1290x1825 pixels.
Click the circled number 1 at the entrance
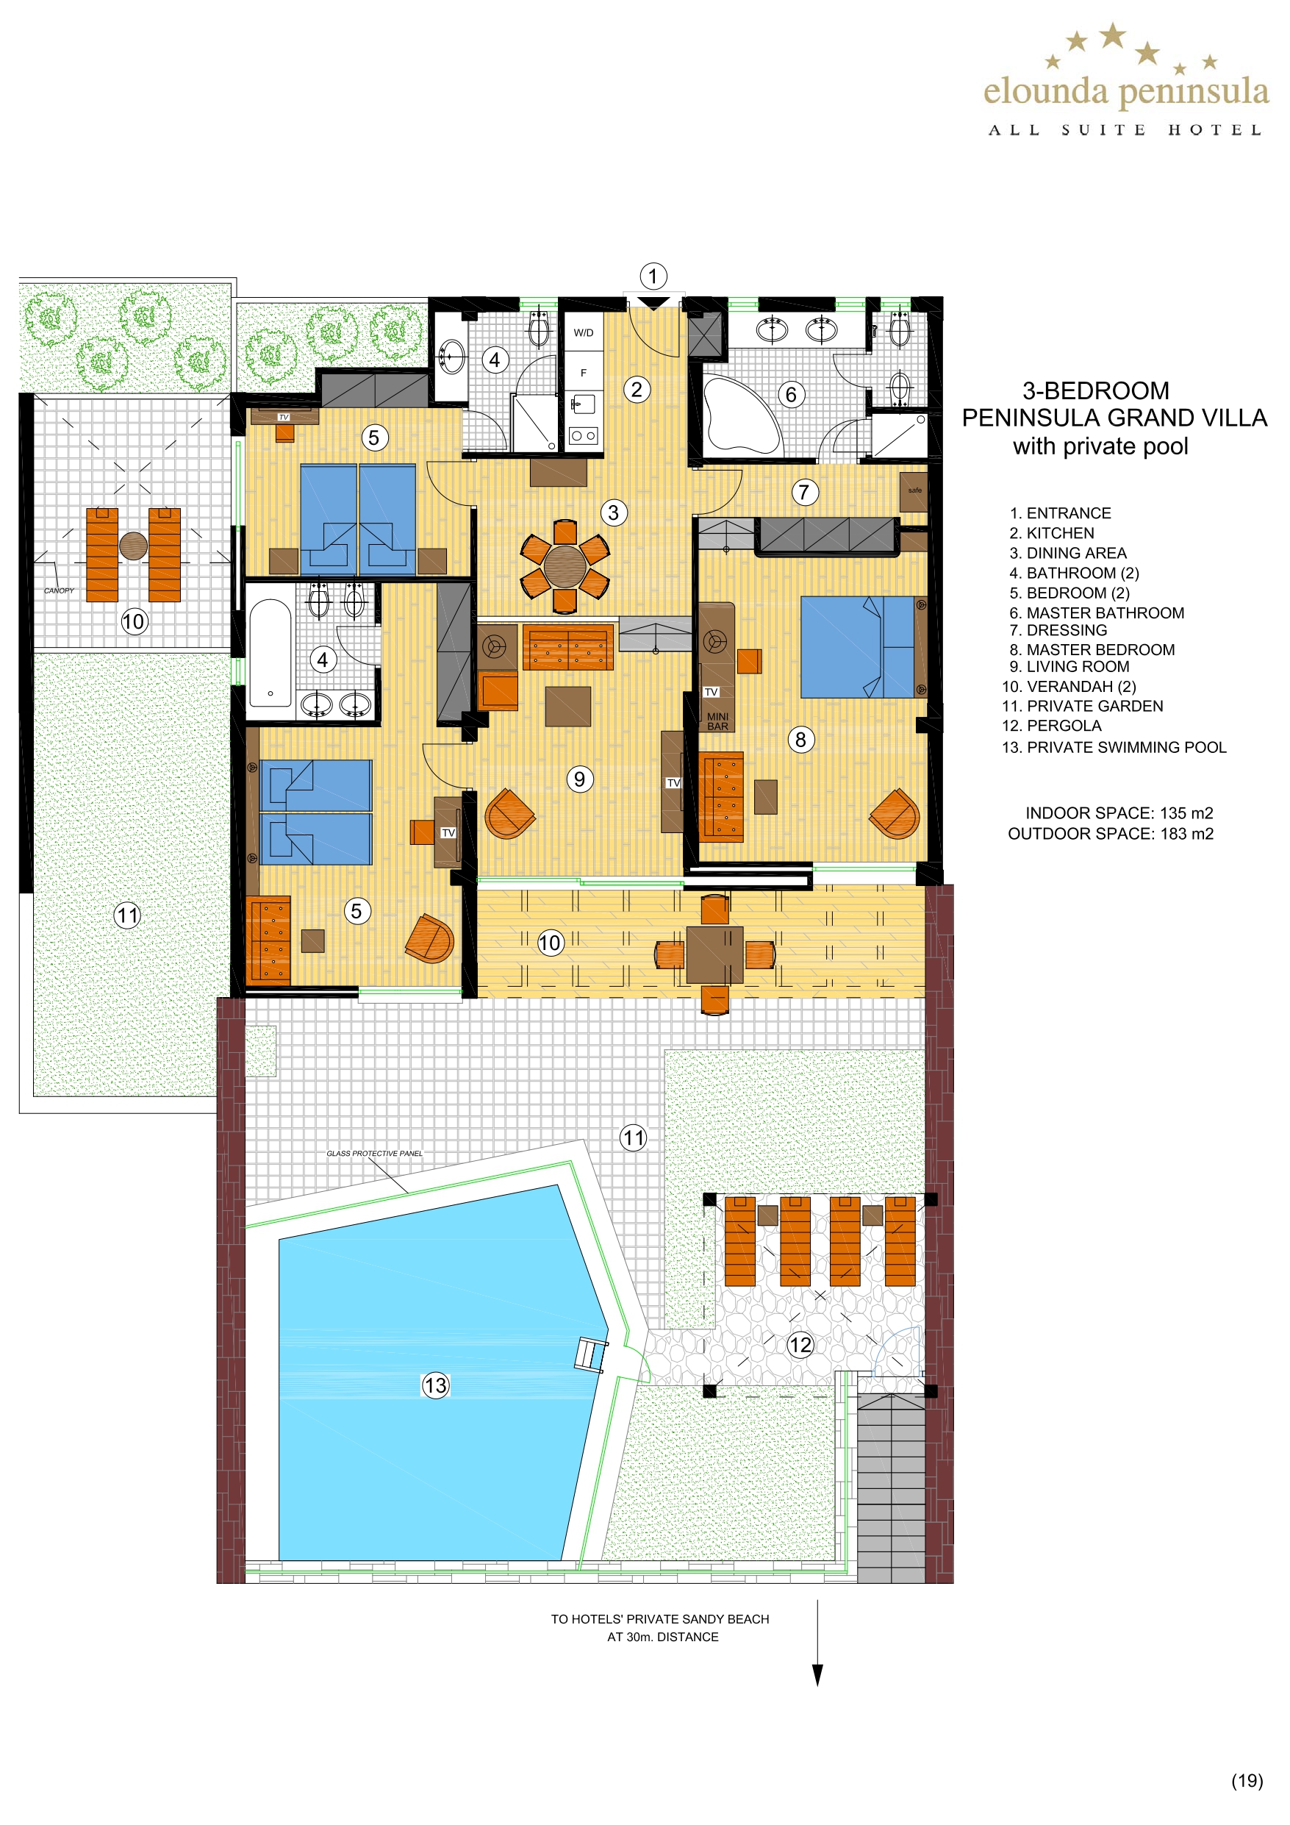click(653, 276)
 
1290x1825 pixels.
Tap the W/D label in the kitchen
click(584, 333)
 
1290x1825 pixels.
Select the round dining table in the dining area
click(565, 566)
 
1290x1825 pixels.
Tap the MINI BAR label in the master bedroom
click(717, 721)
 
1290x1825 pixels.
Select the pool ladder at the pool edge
click(590, 1354)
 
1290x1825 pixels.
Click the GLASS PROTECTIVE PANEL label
click(374, 1154)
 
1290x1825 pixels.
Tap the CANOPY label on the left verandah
click(59, 590)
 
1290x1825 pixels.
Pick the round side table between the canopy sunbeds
click(134, 546)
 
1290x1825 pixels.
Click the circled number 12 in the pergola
click(800, 1345)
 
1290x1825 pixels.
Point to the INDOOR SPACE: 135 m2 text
click(1119, 813)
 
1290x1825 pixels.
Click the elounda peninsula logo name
click(1126, 92)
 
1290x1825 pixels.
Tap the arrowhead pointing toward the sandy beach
click(817, 1675)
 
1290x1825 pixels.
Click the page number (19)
click(1247, 1780)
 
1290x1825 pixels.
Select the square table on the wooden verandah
click(714, 955)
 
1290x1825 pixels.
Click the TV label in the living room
click(673, 783)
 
